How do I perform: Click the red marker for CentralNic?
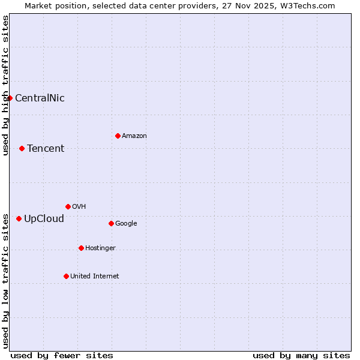tap(10, 98)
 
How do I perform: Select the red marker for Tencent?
tap(22, 148)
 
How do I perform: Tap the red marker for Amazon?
tap(118, 136)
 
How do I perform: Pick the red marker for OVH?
tap(68, 206)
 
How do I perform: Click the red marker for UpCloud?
tap(19, 218)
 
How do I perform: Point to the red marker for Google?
tap(111, 223)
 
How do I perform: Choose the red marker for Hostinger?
tap(81, 248)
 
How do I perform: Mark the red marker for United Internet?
tap(66, 276)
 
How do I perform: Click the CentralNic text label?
tap(40, 98)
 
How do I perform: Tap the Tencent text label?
tap(46, 149)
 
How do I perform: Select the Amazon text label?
tap(134, 136)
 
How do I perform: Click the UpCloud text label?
tap(44, 219)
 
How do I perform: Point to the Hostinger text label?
tap(100, 248)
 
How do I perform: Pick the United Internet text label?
tap(95, 277)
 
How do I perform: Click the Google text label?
tap(126, 224)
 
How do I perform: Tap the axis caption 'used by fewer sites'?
tap(62, 355)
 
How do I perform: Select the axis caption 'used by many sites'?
tap(301, 355)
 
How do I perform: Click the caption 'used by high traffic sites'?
tap(5, 85)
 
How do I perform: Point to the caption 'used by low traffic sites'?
tap(5, 280)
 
